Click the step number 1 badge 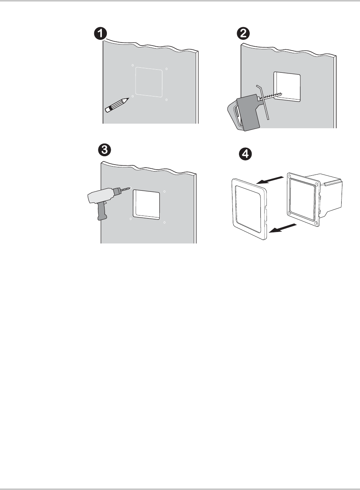(100, 33)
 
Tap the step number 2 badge (243, 33)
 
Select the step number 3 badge (105, 150)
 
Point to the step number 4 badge (245, 154)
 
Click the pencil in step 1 (117, 105)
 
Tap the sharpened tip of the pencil (128, 98)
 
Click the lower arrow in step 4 (283, 228)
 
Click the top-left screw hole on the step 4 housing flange (290, 176)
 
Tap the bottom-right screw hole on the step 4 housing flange (316, 223)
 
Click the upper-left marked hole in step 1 (133, 65)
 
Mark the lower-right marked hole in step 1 (167, 100)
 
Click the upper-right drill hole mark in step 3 (164, 191)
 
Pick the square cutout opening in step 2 (287, 87)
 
